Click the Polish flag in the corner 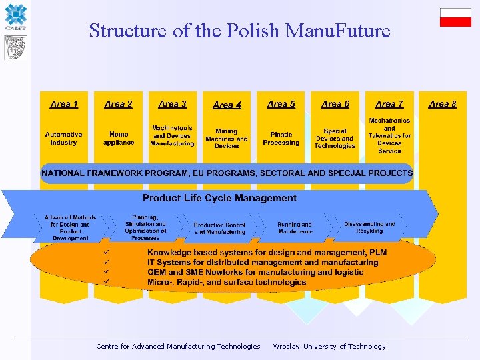[x=455, y=17]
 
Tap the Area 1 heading [x=64, y=104]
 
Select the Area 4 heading [x=227, y=105]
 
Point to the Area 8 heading [x=443, y=104]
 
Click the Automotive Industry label [x=64, y=138]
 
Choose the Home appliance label [x=119, y=138]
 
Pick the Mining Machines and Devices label [x=227, y=139]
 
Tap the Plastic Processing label [x=281, y=139]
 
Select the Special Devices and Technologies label [x=335, y=139]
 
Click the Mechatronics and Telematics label [x=389, y=135]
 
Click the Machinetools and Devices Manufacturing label [x=172, y=135]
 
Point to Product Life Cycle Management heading [x=219, y=198]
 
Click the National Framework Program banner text [x=227, y=173]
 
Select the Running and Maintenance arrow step [x=295, y=228]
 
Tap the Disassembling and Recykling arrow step [x=369, y=227]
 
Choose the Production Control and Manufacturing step [x=219, y=229]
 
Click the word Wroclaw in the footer [x=286, y=347]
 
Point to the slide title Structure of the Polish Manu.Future [x=239, y=31]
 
